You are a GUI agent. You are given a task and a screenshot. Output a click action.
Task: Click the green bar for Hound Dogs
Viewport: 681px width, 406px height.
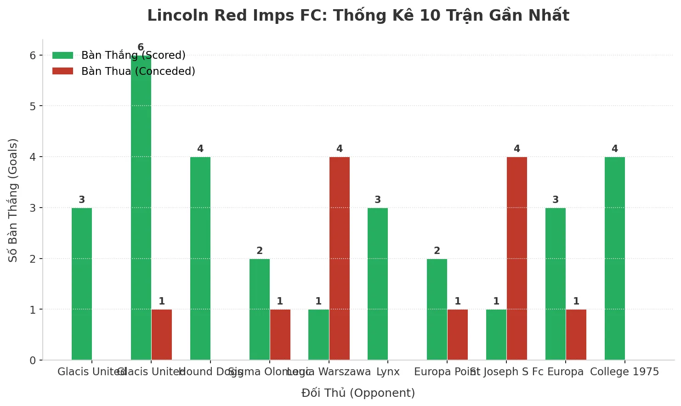point(200,259)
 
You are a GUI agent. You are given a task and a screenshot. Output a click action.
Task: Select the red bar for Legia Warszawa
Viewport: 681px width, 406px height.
point(340,259)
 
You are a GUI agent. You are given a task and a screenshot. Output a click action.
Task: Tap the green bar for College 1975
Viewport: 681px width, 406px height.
point(615,259)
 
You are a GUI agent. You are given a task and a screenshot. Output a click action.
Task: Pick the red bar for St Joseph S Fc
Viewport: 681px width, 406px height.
point(517,259)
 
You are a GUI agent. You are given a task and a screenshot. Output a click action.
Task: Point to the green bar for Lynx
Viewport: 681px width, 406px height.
point(378,284)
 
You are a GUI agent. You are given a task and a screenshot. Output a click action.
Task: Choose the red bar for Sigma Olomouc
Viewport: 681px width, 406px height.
point(280,335)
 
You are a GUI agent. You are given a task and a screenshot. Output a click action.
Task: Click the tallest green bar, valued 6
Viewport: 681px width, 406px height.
point(141,208)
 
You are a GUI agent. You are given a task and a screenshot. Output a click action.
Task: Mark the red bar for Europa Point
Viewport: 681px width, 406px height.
point(458,335)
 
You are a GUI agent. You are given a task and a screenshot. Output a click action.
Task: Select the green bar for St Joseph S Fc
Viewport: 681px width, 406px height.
point(496,335)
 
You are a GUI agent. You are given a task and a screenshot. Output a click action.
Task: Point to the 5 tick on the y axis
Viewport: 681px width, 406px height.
point(33,106)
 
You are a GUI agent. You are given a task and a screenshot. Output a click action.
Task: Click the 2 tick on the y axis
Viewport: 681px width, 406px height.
point(33,259)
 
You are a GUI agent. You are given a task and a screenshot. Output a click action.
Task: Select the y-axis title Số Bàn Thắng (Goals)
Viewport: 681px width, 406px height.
point(13,200)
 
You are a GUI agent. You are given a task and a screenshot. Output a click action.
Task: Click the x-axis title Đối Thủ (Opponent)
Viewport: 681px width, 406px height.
point(358,393)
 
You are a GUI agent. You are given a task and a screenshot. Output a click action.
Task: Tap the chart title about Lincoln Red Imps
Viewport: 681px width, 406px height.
point(358,16)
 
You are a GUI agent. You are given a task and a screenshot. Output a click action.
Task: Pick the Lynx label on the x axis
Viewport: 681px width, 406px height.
point(388,372)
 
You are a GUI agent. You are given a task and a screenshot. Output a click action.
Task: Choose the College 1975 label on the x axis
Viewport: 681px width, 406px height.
point(624,372)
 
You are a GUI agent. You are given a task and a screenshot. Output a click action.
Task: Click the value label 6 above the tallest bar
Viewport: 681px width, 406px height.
point(141,47)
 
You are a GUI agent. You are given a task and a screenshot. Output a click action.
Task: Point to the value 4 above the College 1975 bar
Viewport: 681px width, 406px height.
point(615,149)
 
